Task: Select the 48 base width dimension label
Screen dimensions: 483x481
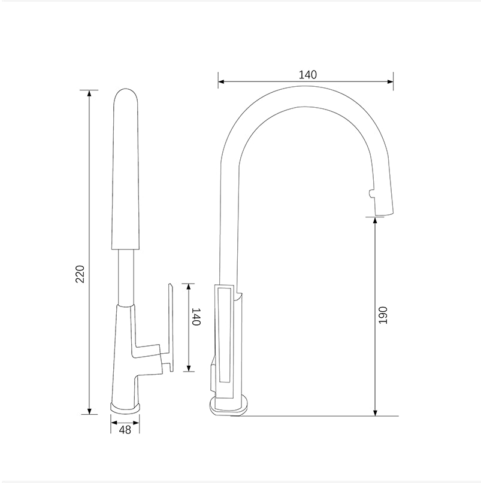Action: click(125, 429)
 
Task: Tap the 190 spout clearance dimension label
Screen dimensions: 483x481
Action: click(383, 315)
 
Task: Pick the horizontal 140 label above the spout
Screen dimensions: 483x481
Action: click(307, 75)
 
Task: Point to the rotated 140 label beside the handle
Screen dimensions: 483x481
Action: click(195, 316)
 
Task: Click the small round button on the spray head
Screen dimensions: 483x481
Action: click(370, 193)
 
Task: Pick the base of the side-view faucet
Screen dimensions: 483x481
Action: click(229, 406)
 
